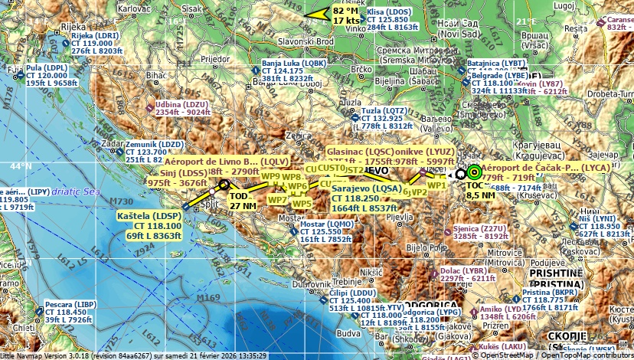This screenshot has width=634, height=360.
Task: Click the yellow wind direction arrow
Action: click(x=316, y=13)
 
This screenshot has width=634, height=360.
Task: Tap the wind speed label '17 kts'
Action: click(x=345, y=21)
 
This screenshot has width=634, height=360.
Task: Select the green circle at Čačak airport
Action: click(x=474, y=172)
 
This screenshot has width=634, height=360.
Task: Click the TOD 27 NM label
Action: click(x=243, y=201)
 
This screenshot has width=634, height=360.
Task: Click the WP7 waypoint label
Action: click(x=277, y=200)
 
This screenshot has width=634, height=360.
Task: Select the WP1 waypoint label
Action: click(x=436, y=185)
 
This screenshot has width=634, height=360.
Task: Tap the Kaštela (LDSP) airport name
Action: click(x=149, y=217)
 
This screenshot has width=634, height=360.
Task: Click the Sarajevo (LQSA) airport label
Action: click(x=366, y=188)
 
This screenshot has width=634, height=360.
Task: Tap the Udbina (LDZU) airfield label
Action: click(x=181, y=104)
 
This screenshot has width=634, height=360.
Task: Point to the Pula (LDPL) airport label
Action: click(x=47, y=67)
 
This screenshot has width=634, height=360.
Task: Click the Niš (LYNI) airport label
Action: click(x=597, y=218)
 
